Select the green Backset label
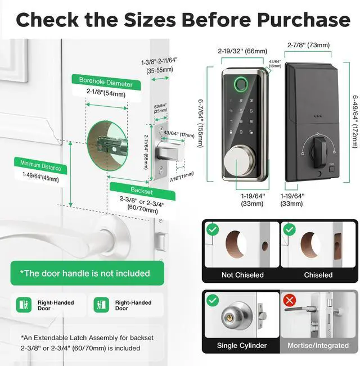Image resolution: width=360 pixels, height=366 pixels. coord(142,189)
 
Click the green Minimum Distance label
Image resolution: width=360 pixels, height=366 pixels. coord(40,166)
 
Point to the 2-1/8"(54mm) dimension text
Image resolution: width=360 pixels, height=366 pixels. coord(106,94)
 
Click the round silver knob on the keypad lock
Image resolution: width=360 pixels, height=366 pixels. coord(237,162)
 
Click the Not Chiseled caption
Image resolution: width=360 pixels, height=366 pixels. coord(242,275)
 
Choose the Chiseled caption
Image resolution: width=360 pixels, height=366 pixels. coord(318,275)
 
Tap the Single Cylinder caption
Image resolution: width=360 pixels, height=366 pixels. coord(242,345)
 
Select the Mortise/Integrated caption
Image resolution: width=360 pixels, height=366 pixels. coord(318,345)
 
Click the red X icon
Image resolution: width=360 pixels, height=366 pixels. coord(290,300)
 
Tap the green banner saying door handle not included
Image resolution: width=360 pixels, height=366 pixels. coord(85,273)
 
